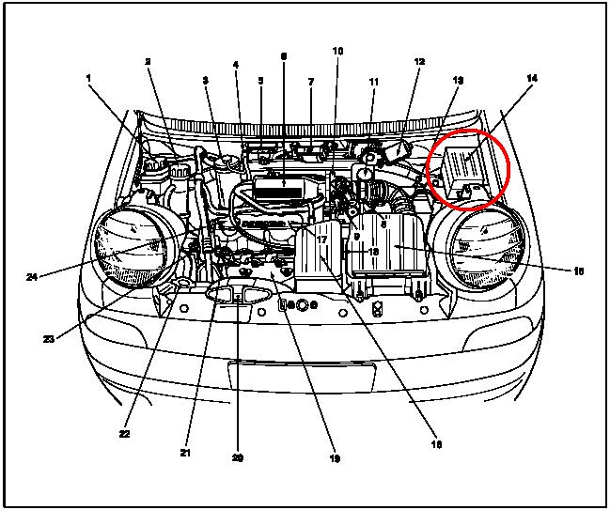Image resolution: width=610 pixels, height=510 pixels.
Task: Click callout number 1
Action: (90, 80)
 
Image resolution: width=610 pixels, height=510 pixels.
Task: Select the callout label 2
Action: (149, 62)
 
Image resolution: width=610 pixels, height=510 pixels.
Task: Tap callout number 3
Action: (205, 82)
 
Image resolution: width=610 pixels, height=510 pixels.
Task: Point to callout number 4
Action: (235, 65)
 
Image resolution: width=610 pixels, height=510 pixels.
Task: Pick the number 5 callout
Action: (261, 81)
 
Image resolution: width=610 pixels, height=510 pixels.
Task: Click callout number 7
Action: (310, 82)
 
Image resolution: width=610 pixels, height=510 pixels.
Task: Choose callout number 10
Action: (337, 51)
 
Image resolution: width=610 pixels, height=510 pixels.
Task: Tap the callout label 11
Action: (373, 82)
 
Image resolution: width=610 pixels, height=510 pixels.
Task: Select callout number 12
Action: (419, 62)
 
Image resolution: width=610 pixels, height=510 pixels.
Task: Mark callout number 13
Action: (458, 81)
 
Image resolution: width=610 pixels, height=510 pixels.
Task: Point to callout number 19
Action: (335, 458)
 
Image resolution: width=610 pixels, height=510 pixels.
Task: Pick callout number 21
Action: (185, 453)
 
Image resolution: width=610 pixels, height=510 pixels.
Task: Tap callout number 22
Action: (125, 434)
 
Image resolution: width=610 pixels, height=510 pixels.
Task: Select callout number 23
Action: (49, 339)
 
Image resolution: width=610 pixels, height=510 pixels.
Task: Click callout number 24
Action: (32, 277)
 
